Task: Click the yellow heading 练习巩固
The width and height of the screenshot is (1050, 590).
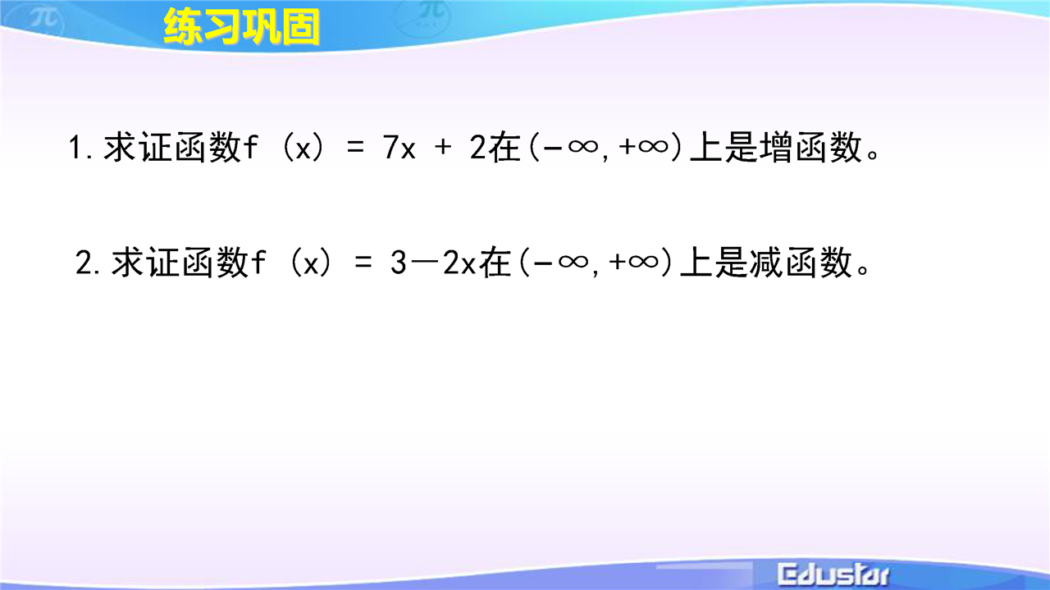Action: coord(242,26)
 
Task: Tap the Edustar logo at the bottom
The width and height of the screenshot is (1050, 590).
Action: coord(833,575)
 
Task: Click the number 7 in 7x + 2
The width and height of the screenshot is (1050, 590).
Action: coord(390,147)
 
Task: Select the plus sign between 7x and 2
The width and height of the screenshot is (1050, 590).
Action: coord(443,148)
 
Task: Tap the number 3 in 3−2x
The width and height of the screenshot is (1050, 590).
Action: coord(398,262)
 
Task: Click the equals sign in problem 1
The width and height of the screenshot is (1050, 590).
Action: coord(355,148)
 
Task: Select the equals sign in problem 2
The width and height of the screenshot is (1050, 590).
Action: coord(363,263)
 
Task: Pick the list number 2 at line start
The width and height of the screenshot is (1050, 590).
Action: coord(84,262)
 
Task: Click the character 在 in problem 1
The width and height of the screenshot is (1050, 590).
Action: coord(504,147)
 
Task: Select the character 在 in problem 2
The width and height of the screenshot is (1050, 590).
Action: coord(494,262)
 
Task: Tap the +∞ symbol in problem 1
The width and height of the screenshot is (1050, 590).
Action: coord(643,147)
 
